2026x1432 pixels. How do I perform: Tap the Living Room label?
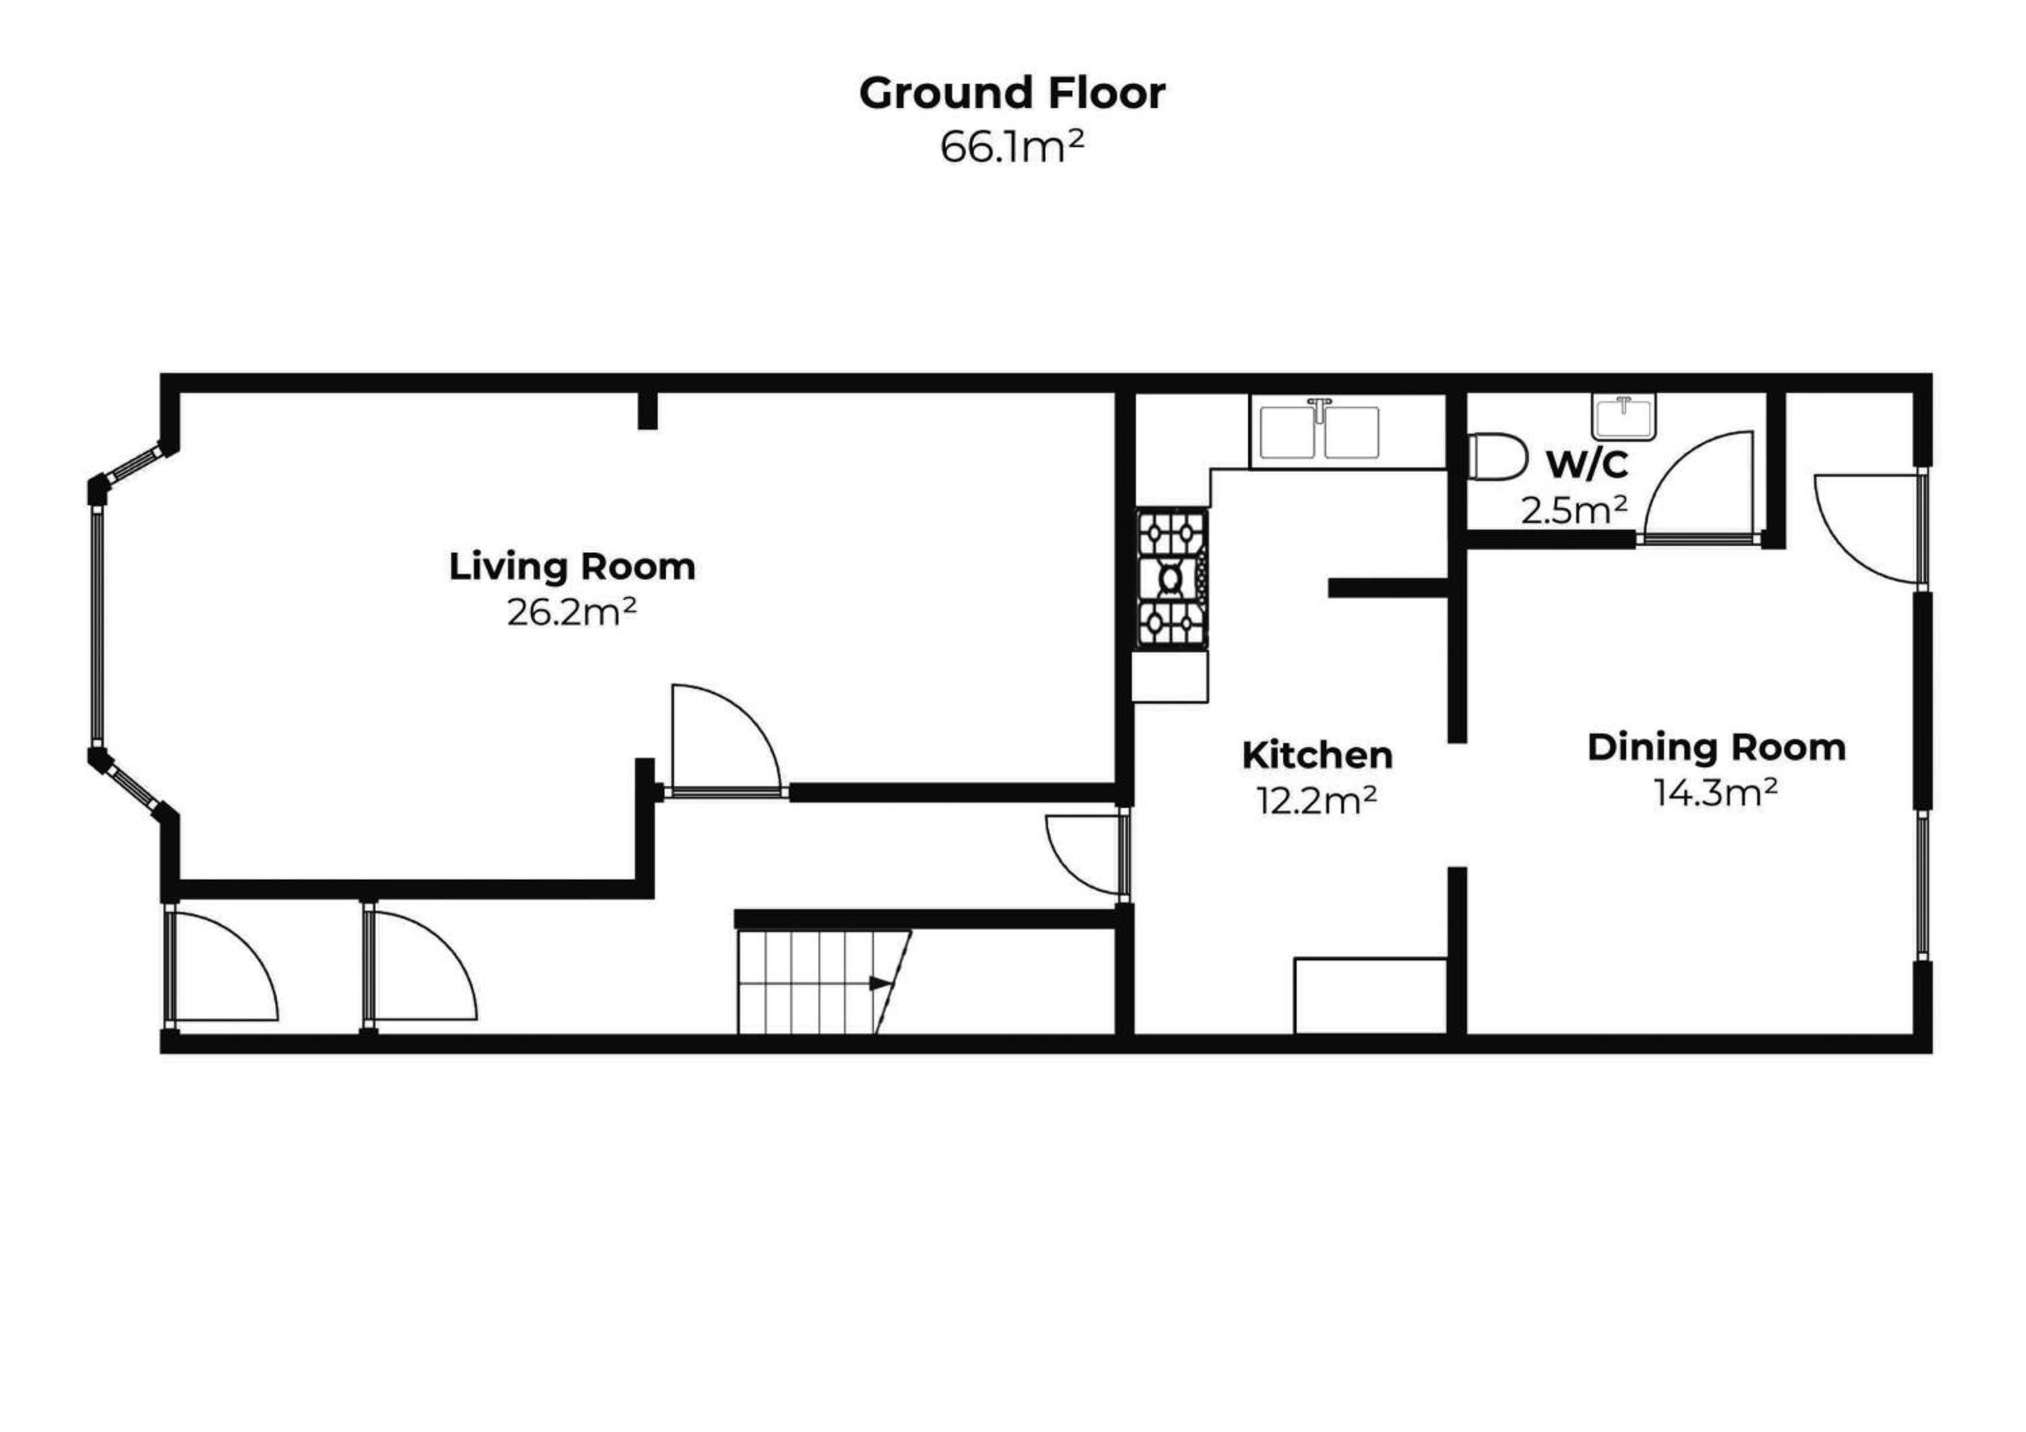[x=572, y=567]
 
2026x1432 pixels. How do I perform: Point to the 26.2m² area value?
[x=572, y=611]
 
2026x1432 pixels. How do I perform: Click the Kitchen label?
[x=1316, y=755]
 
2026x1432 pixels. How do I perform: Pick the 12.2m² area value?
[x=1316, y=800]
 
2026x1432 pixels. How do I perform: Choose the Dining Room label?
[x=1716, y=747]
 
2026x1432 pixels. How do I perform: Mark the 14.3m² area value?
[x=1715, y=792]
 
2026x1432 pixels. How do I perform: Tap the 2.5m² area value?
[x=1574, y=510]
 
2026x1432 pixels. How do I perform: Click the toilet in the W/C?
[x=1497, y=456]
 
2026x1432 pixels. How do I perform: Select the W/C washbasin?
[x=1624, y=417]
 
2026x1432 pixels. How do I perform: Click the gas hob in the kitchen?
[x=1172, y=579]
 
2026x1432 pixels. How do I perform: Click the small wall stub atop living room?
[x=648, y=410]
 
